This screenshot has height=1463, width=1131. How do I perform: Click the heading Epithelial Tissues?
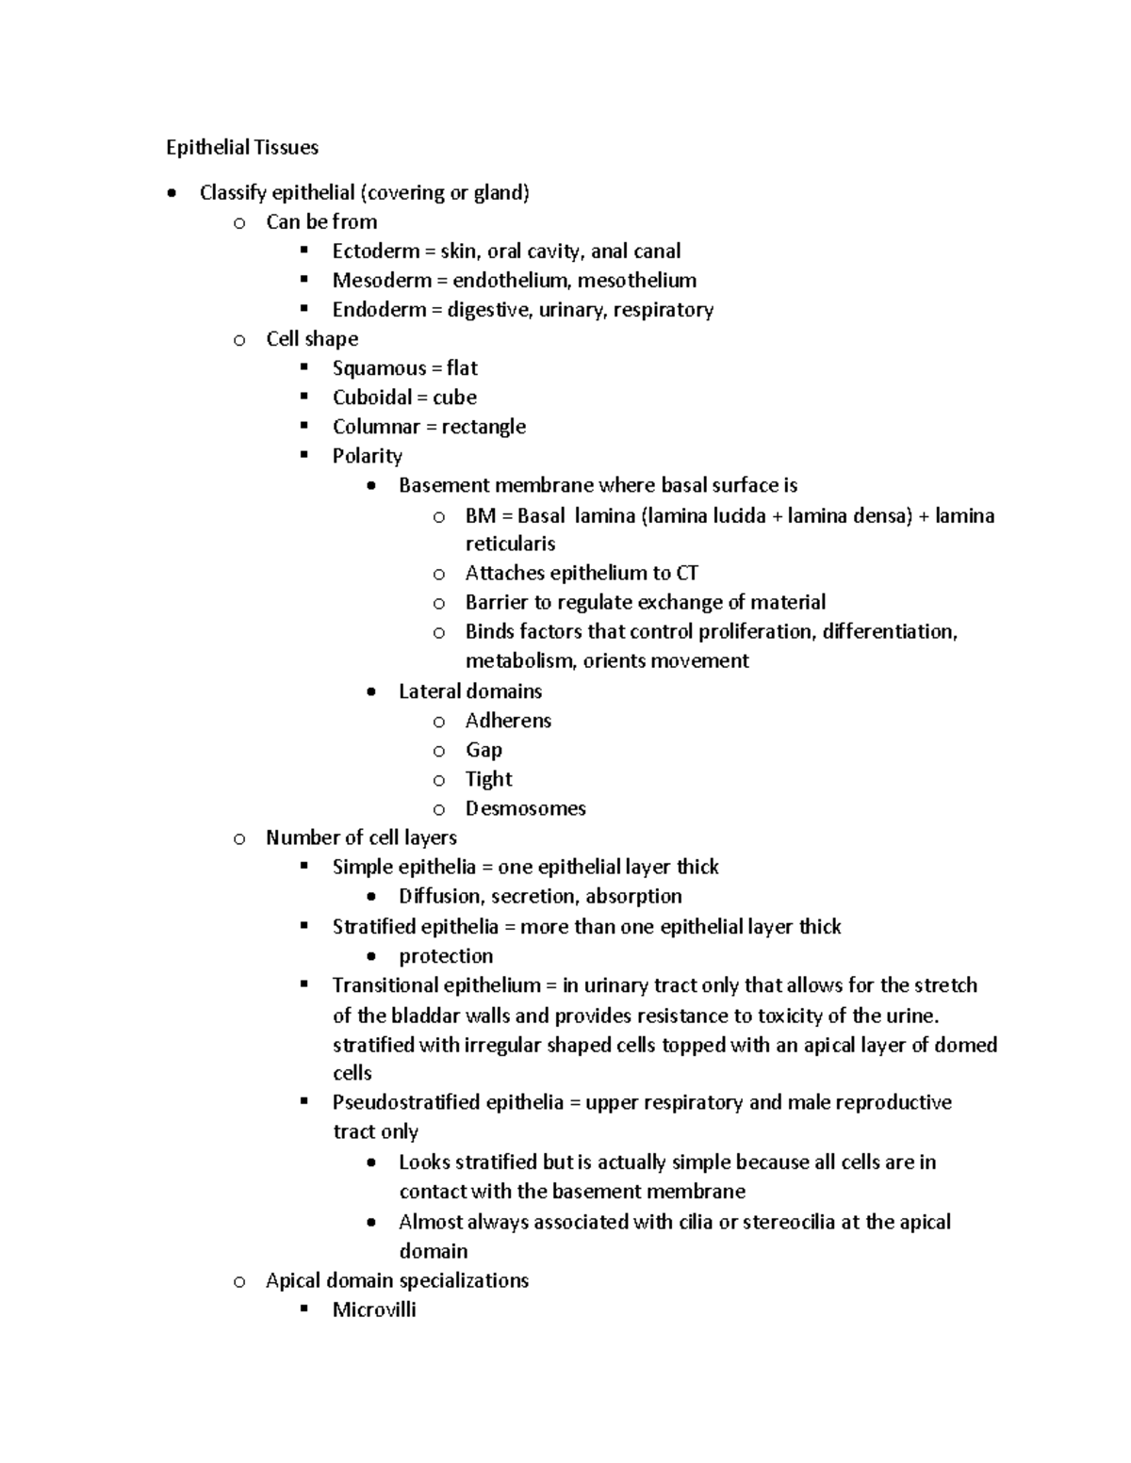point(242,147)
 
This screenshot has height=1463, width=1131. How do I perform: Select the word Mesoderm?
point(374,281)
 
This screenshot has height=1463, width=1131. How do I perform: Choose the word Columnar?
point(371,427)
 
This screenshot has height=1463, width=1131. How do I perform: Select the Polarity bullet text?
point(367,456)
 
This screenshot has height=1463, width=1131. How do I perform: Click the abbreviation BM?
point(480,516)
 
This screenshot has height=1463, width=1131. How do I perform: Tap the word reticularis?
point(510,544)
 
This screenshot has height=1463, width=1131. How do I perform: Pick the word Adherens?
point(508,721)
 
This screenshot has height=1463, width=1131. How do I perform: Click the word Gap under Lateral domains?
point(484,750)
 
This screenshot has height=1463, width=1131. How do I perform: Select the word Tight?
point(488,779)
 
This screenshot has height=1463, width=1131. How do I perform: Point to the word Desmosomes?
point(525,808)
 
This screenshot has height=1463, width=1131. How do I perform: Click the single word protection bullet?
point(446,956)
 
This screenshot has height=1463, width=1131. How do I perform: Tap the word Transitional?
point(385,985)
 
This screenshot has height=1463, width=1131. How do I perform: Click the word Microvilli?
point(374,1309)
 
